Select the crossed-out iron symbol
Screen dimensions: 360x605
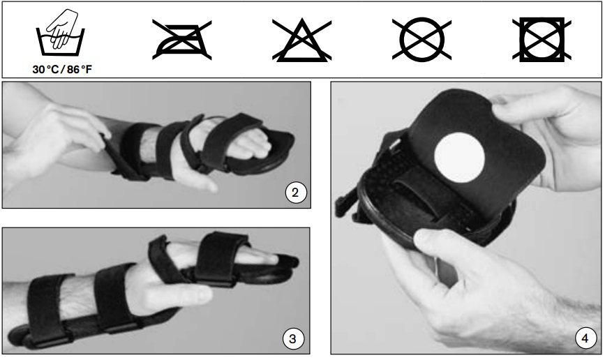coord(181,40)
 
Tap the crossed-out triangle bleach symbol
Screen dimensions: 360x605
coord(301,40)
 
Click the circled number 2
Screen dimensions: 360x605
coord(296,193)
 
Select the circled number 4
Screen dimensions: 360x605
coord(584,339)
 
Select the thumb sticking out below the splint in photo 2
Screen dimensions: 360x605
coord(202,183)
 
